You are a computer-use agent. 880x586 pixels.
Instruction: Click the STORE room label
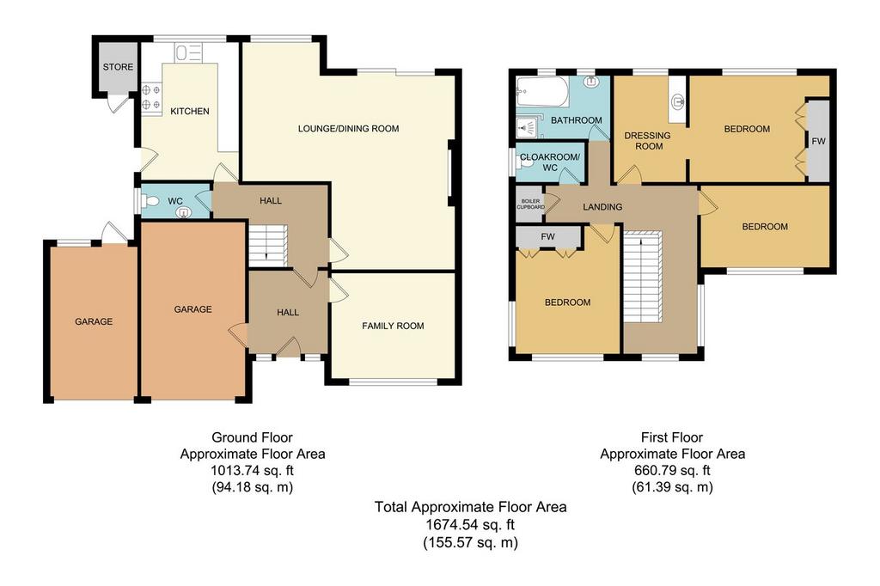coord(118,67)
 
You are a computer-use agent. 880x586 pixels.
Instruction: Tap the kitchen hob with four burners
coord(151,97)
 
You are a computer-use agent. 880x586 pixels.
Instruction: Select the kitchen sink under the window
coord(188,53)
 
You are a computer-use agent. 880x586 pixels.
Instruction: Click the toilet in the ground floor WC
coord(150,200)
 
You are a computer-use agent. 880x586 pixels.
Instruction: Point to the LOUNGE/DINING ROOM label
coord(349,129)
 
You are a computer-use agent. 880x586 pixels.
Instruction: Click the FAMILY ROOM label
coord(393,326)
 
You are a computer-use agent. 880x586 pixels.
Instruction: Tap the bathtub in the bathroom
coord(543,92)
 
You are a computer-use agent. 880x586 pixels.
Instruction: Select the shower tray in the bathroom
coord(527,128)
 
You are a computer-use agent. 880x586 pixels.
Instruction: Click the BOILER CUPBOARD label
coord(531,204)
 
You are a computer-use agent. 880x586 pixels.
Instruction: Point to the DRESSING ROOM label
coord(648,141)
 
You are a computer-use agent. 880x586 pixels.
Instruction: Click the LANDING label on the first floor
coord(602,206)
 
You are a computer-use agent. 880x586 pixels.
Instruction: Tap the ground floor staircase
coord(268,245)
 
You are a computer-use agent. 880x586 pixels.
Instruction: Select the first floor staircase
coord(643,276)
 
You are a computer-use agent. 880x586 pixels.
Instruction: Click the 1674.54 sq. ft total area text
coord(470,525)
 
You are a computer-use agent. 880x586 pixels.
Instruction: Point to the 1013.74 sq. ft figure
coord(253,470)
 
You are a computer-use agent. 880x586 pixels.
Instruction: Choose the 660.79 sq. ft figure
coord(672,470)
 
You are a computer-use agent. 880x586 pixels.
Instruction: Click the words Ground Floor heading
coord(252,436)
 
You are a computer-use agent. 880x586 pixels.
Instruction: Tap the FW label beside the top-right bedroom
coord(818,141)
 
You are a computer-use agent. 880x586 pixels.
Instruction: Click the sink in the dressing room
coord(678,101)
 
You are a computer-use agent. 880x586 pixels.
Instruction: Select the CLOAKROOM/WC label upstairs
coord(550,162)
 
